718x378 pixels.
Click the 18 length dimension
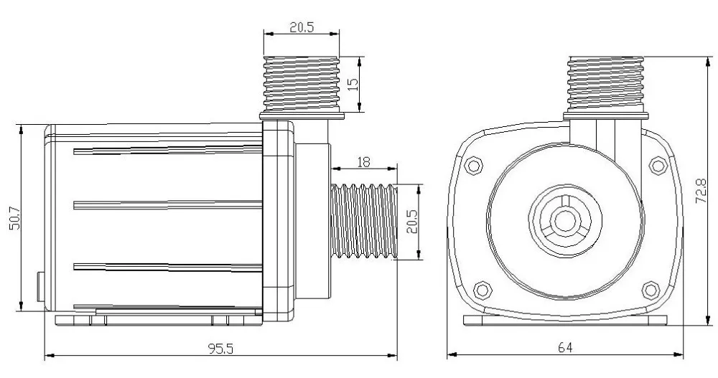[x=363, y=162]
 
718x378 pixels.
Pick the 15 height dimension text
[x=353, y=84]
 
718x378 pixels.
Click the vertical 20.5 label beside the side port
[x=410, y=222]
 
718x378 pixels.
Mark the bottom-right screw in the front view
[x=651, y=290]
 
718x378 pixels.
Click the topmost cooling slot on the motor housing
[x=169, y=151]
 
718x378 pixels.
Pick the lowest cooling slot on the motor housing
[x=169, y=306]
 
